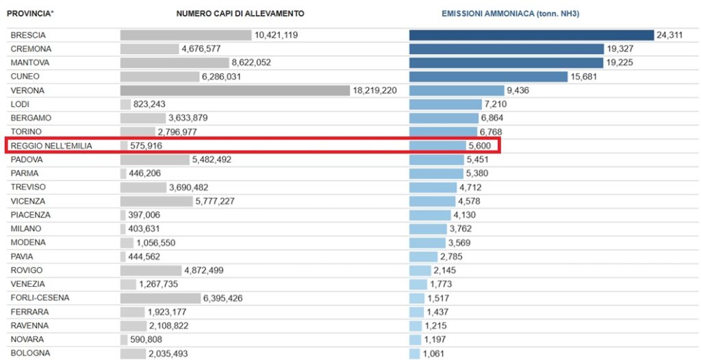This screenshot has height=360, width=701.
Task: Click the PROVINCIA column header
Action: (30, 14)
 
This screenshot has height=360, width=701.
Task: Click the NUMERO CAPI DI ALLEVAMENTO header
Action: (240, 14)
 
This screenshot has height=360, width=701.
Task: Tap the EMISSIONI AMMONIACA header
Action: (510, 14)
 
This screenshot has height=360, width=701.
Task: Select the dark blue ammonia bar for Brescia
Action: (531, 35)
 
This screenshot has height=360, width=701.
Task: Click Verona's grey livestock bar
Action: (235, 90)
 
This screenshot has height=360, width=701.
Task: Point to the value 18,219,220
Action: (374, 91)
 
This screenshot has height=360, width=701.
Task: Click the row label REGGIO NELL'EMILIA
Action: (51, 146)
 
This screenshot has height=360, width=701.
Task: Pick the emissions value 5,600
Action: (479, 146)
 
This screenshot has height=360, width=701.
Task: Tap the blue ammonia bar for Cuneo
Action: (488, 77)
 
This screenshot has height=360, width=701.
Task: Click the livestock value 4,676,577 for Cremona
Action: (201, 49)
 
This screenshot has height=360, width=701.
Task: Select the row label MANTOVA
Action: (30, 62)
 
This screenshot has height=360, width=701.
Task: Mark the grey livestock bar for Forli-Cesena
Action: (160, 298)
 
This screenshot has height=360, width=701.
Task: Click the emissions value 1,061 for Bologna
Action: (433, 353)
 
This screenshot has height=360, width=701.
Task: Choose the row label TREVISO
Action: (28, 187)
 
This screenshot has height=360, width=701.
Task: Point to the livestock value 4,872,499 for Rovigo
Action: (204, 270)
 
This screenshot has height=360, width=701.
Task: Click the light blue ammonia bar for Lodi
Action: (446, 104)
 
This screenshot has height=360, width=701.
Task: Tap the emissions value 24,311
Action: (670, 36)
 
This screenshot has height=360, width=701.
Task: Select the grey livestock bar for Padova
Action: (155, 159)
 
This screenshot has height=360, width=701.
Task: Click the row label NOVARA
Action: (27, 339)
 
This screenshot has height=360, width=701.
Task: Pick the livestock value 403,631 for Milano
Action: (144, 229)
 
